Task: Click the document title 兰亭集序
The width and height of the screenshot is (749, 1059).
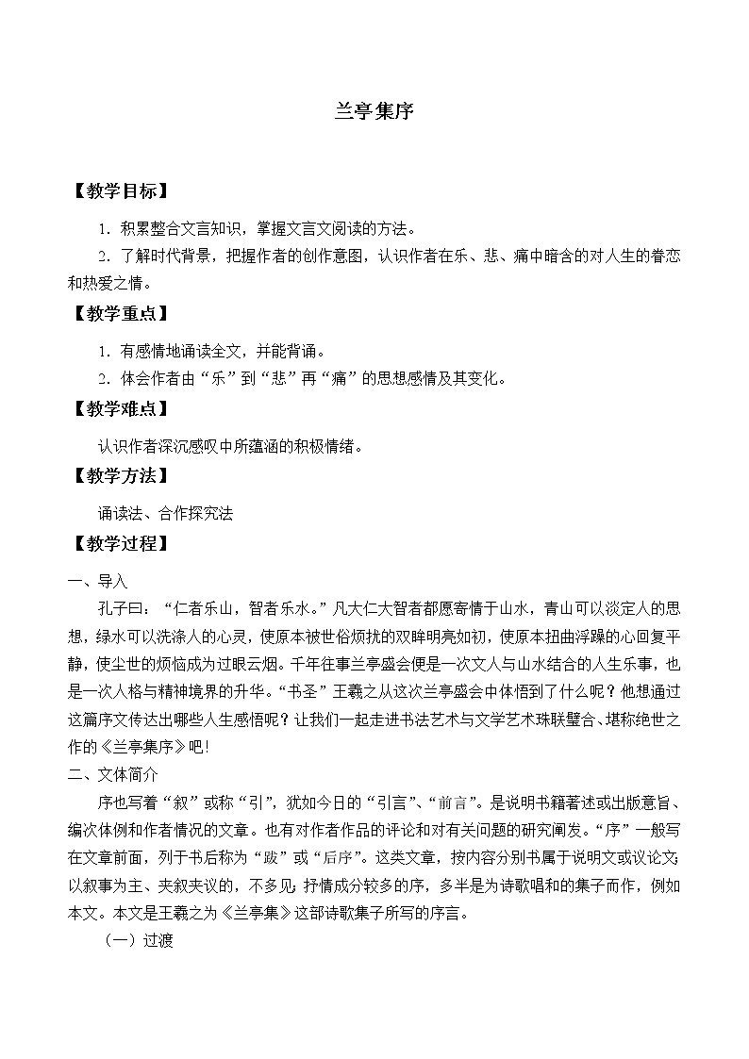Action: pyautogui.click(x=374, y=109)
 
